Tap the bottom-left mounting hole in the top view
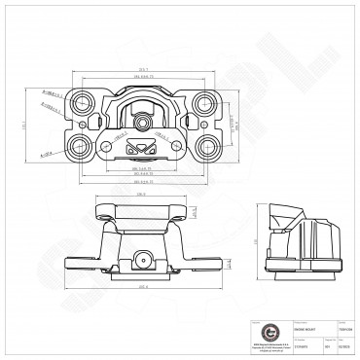pos(81,147)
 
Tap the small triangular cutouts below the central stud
pos(143,149)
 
